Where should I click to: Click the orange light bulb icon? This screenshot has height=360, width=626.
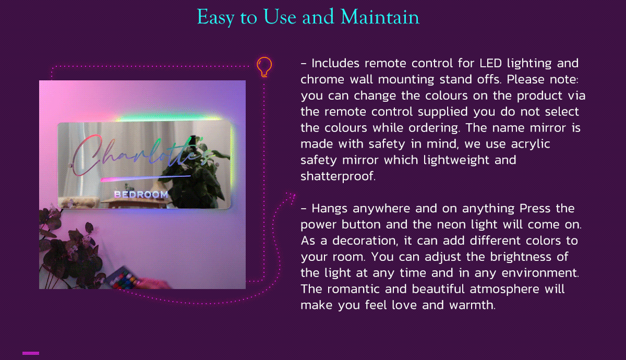click(264, 67)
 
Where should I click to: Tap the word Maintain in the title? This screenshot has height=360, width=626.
click(380, 17)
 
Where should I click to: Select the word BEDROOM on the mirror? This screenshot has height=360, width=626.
click(141, 194)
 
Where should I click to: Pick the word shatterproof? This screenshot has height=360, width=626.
click(338, 176)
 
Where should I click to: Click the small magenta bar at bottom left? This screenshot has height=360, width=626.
click(31, 353)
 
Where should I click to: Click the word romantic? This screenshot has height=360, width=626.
click(353, 289)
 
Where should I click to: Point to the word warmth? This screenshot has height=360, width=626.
click(472, 305)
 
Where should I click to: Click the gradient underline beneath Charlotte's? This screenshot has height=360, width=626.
click(146, 178)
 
